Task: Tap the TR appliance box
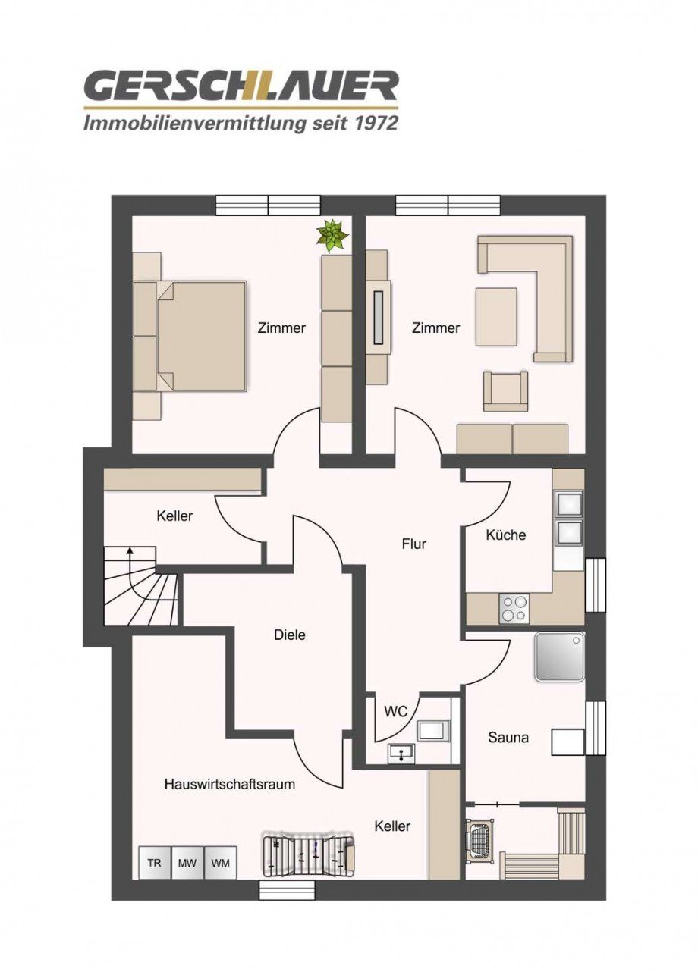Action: (x=154, y=863)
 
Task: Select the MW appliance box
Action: (x=187, y=863)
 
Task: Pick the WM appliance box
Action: (x=221, y=863)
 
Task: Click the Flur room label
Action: (x=414, y=544)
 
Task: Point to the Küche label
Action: (x=506, y=535)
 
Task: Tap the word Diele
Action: (x=290, y=635)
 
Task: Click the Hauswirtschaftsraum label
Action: (x=230, y=784)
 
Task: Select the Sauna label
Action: (x=508, y=736)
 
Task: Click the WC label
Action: (x=396, y=711)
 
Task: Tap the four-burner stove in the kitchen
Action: (x=514, y=608)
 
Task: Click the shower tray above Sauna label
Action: (x=560, y=657)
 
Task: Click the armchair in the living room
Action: (x=506, y=391)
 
